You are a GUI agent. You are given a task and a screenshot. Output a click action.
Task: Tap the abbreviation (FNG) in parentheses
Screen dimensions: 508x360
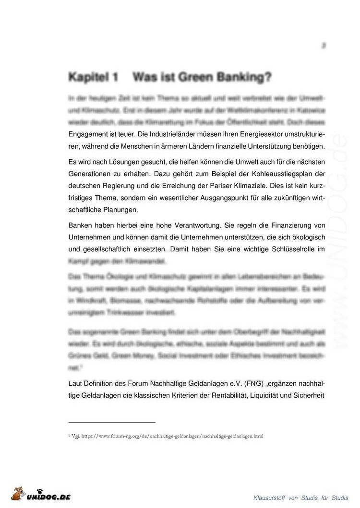pyautogui.click(x=255, y=384)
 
